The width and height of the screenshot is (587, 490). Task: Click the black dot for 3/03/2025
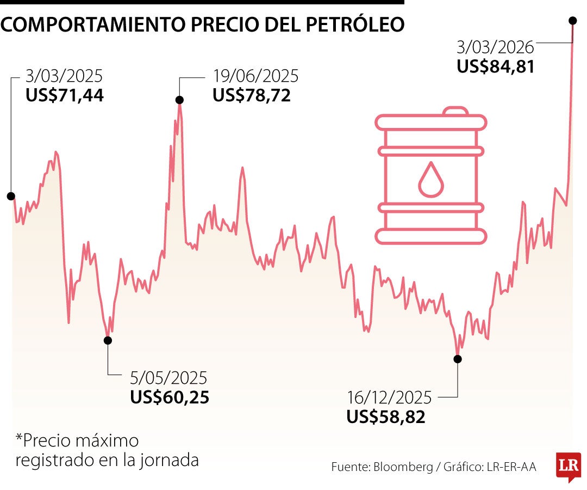point(11,196)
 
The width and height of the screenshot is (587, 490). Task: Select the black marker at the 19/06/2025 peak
point(179,100)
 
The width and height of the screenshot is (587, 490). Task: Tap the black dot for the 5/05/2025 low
point(108,340)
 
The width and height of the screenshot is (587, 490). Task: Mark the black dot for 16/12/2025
point(458,359)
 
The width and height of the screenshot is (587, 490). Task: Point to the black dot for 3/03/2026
point(572,21)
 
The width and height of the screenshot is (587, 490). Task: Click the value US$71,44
point(64,96)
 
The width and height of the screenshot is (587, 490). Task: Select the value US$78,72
point(252,96)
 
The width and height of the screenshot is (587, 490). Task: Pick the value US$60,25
point(169,397)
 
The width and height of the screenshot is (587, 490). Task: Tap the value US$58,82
point(386,417)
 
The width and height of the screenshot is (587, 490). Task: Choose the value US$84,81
point(496,66)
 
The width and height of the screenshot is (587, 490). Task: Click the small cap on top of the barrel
point(454,111)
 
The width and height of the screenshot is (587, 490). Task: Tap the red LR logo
point(569,466)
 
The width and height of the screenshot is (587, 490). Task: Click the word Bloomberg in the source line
point(399,467)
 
